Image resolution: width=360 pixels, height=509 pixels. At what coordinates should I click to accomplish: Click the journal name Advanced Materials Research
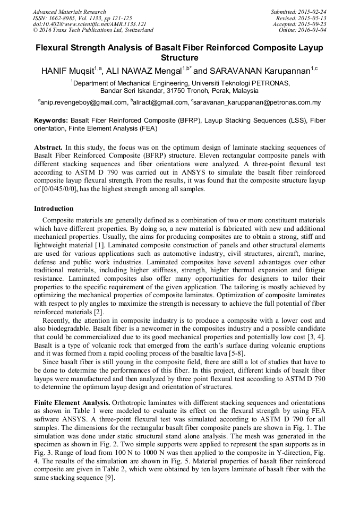coord(69,12)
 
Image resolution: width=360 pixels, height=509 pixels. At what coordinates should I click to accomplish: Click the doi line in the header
coord(89,24)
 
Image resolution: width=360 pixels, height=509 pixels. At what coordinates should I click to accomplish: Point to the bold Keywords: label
coord(51,121)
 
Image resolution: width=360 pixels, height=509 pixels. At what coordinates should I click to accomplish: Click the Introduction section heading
coord(54,209)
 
